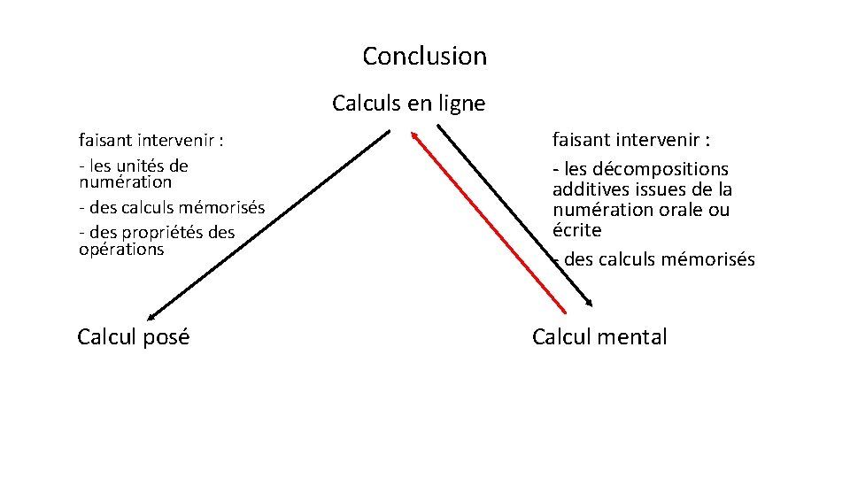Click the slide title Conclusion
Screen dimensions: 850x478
click(x=424, y=57)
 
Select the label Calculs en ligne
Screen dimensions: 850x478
click(x=408, y=104)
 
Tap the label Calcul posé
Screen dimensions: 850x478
click(x=133, y=336)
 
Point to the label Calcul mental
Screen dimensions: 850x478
click(x=599, y=336)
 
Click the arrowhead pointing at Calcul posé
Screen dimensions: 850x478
click(x=151, y=316)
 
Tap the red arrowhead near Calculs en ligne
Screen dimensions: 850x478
click(x=414, y=136)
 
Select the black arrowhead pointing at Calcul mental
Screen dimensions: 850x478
click(x=589, y=304)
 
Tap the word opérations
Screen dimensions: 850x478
click(x=121, y=249)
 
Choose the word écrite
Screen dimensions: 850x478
click(x=576, y=230)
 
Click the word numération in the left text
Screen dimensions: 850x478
click(x=125, y=181)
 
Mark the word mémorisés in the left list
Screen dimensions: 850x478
click(x=222, y=208)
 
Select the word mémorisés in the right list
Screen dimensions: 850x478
click(x=711, y=259)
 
